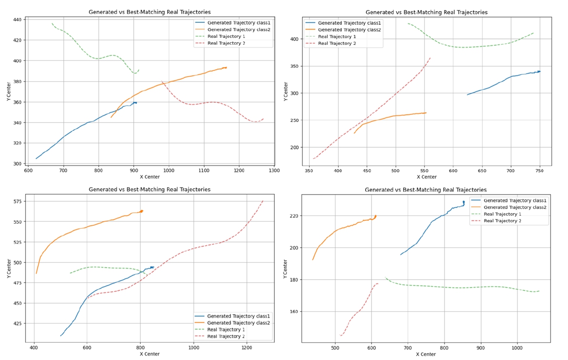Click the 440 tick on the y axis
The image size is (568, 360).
17,19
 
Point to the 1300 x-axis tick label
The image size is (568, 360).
274,170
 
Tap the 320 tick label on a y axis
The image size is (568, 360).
17,143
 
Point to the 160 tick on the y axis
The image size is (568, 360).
293,311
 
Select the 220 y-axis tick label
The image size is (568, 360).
293,216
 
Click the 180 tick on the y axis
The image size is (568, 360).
293,280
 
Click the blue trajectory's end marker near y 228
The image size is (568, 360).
463,202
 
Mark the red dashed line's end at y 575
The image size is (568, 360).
263,200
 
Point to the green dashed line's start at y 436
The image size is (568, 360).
52,23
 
